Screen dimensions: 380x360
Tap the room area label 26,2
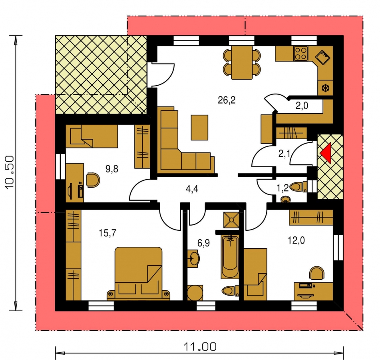point(227,100)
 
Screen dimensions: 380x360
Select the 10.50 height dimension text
point(10,172)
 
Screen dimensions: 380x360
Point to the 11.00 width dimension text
point(200,347)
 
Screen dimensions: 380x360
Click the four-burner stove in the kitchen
point(301,53)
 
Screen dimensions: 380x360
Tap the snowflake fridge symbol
point(325,88)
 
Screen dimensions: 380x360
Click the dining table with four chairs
point(242,62)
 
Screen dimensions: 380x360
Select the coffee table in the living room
point(199,128)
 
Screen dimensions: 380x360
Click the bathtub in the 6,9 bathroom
point(230,257)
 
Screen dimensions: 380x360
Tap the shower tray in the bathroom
point(231,220)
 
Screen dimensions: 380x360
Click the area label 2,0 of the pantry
point(302,106)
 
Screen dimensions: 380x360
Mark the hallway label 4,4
point(192,188)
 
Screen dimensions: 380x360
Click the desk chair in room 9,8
point(93,180)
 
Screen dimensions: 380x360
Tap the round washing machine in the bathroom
point(195,292)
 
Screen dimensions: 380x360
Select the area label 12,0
point(296,240)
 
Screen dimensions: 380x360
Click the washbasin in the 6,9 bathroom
point(193,258)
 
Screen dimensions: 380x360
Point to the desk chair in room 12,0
point(317,273)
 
